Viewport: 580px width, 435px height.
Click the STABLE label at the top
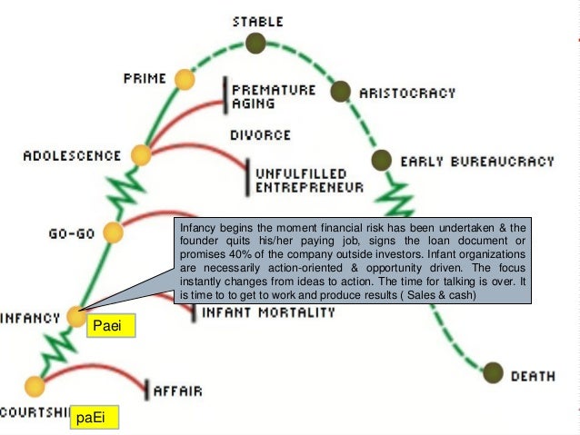pos(258,20)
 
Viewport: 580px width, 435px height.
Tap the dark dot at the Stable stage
pos(255,43)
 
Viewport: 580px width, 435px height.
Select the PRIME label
pos(145,79)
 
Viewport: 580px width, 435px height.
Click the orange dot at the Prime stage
pos(185,80)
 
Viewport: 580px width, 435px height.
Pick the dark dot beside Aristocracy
pos(340,91)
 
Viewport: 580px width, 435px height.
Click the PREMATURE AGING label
pos(273,96)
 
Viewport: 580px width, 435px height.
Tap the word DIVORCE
pos(261,135)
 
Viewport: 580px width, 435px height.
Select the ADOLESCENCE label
pos(72,155)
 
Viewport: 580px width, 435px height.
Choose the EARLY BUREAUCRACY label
pos(476,162)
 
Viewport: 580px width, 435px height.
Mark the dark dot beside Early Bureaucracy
pos(381,160)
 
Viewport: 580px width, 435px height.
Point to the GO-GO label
pos(73,232)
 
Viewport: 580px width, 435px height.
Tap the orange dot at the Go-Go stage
pos(113,232)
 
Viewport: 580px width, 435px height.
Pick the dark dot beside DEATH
pos(493,372)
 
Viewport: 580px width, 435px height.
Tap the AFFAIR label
pos(177,391)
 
